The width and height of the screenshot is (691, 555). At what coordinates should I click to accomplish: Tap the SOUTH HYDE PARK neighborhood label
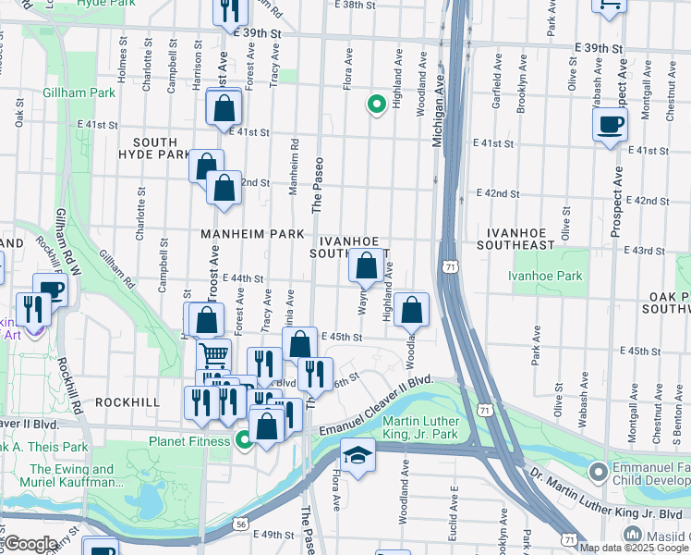154,148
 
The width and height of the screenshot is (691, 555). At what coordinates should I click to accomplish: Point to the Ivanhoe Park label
546,276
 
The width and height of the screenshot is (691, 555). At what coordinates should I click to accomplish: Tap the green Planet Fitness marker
244,440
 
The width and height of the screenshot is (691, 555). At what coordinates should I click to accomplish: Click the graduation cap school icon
358,454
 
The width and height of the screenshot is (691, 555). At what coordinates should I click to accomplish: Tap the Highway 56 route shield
241,524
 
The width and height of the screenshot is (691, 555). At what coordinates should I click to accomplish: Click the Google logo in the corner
31,544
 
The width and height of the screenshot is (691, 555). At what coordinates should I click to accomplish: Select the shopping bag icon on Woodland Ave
412,311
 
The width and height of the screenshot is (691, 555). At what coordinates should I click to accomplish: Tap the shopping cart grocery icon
213,355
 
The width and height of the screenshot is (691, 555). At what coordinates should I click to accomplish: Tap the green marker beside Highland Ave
376,105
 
